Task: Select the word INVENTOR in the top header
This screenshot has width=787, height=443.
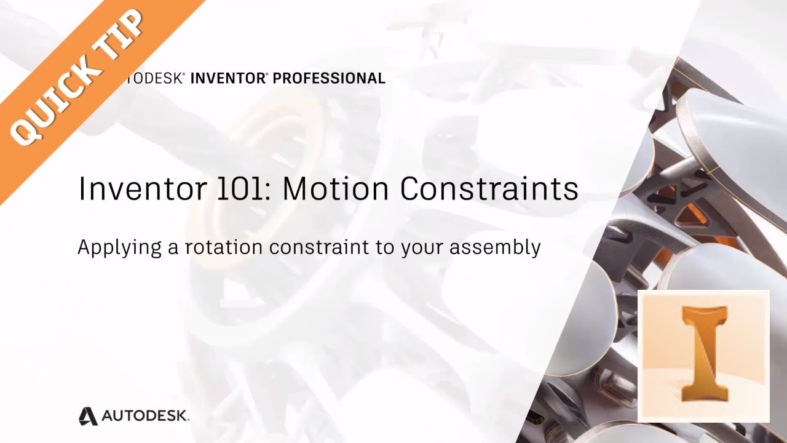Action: (x=227, y=78)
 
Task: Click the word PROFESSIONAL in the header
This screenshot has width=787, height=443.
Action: (x=329, y=78)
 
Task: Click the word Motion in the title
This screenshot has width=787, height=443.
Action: (x=336, y=188)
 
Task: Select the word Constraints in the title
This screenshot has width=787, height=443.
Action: (x=489, y=188)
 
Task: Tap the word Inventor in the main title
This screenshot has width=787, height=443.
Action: (x=142, y=188)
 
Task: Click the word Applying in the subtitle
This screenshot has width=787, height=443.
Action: (x=119, y=247)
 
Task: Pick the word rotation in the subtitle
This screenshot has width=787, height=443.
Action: (x=224, y=247)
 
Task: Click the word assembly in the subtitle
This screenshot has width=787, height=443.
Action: (x=495, y=248)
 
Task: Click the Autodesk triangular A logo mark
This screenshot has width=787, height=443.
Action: (x=88, y=417)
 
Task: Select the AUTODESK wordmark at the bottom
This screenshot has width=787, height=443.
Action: (x=145, y=416)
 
